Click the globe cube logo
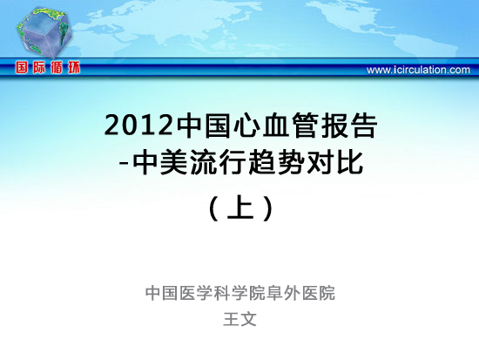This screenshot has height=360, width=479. click(44, 33)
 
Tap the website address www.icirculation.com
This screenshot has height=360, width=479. click(418, 70)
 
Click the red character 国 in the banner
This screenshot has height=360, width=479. click(22, 67)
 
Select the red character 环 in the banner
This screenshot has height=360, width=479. click(74, 67)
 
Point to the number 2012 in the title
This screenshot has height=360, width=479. click(139, 126)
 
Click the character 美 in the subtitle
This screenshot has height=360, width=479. click(174, 163)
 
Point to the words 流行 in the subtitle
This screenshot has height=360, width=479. click(218, 163)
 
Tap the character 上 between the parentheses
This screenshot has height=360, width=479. click(240, 207)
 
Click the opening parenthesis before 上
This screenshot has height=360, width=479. click(214, 208)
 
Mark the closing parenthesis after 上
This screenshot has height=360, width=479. click(268, 208)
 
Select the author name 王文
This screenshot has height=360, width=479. click(239, 319)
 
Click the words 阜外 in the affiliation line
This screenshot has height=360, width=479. click(284, 293)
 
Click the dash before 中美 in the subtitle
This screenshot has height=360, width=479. click(124, 164)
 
